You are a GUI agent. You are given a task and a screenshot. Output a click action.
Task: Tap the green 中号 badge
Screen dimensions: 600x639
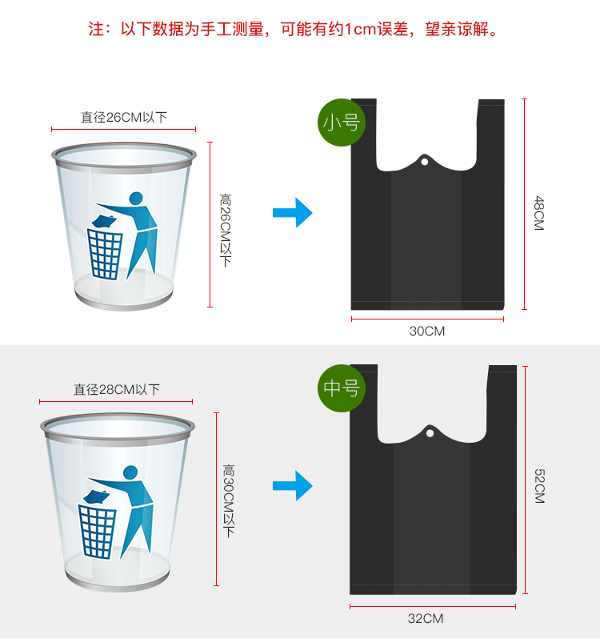[342, 389]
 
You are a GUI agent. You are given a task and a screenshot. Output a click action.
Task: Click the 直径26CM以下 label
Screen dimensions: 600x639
[124, 117]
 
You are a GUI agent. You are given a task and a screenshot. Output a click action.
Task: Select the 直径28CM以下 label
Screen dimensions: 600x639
[117, 389]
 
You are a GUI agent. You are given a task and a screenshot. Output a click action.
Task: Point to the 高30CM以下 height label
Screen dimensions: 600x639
[229, 500]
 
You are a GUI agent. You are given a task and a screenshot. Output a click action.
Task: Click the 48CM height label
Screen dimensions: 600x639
[538, 213]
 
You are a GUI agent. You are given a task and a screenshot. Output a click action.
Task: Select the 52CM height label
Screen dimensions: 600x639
[538, 485]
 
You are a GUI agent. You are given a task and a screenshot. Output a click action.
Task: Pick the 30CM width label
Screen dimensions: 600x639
[426, 331]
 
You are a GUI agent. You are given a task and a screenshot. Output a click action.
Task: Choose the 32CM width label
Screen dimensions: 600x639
[426, 618]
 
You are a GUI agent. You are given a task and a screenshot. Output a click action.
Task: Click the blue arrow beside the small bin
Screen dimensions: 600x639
[292, 213]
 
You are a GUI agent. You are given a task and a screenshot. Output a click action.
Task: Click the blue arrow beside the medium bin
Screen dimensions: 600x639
[292, 485]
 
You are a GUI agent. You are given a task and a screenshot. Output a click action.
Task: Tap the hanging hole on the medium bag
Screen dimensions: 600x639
[430, 435]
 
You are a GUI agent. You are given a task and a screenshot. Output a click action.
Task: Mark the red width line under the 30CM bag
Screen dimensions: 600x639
[427, 319]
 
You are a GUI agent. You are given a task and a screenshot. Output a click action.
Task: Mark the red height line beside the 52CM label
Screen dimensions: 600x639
[526, 480]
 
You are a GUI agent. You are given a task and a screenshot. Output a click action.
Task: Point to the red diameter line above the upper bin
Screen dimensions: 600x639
[124, 129]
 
